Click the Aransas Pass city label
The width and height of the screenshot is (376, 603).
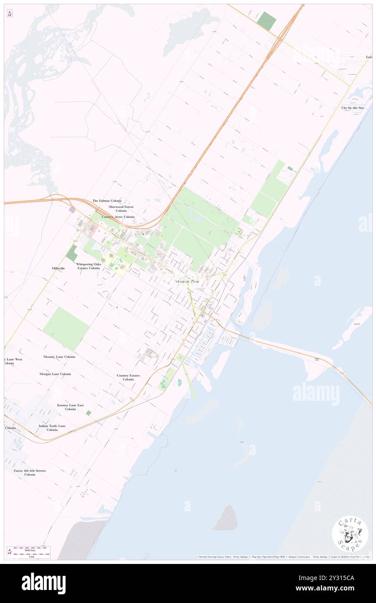(187, 281)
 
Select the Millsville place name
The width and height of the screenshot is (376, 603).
(58, 269)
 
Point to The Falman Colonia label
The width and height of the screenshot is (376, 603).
(107, 201)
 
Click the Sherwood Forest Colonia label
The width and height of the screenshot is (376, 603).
(121, 209)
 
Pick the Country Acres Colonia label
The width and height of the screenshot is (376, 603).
(118, 216)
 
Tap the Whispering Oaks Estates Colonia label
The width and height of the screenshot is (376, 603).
(88, 266)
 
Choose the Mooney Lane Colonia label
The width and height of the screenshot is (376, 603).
(59, 357)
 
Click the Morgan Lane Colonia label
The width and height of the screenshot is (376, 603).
(55, 374)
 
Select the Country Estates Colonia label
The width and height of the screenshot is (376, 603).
(128, 377)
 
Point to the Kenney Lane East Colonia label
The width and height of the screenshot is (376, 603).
(70, 407)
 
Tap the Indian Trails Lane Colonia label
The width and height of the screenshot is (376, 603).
(52, 428)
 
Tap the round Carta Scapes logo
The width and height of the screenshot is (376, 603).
(350, 534)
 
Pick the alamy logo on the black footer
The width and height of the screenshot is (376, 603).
(43, 583)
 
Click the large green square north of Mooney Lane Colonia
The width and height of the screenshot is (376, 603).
(66, 328)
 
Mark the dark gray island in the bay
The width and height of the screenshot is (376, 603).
(226, 518)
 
